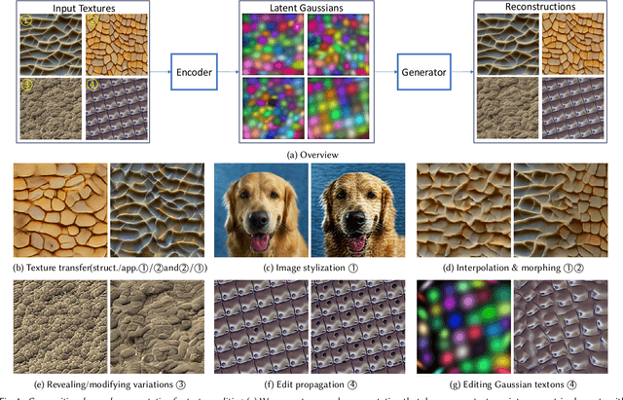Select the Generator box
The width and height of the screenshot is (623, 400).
422,72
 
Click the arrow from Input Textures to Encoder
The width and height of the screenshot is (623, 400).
162,72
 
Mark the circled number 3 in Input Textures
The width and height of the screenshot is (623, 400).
26,83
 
